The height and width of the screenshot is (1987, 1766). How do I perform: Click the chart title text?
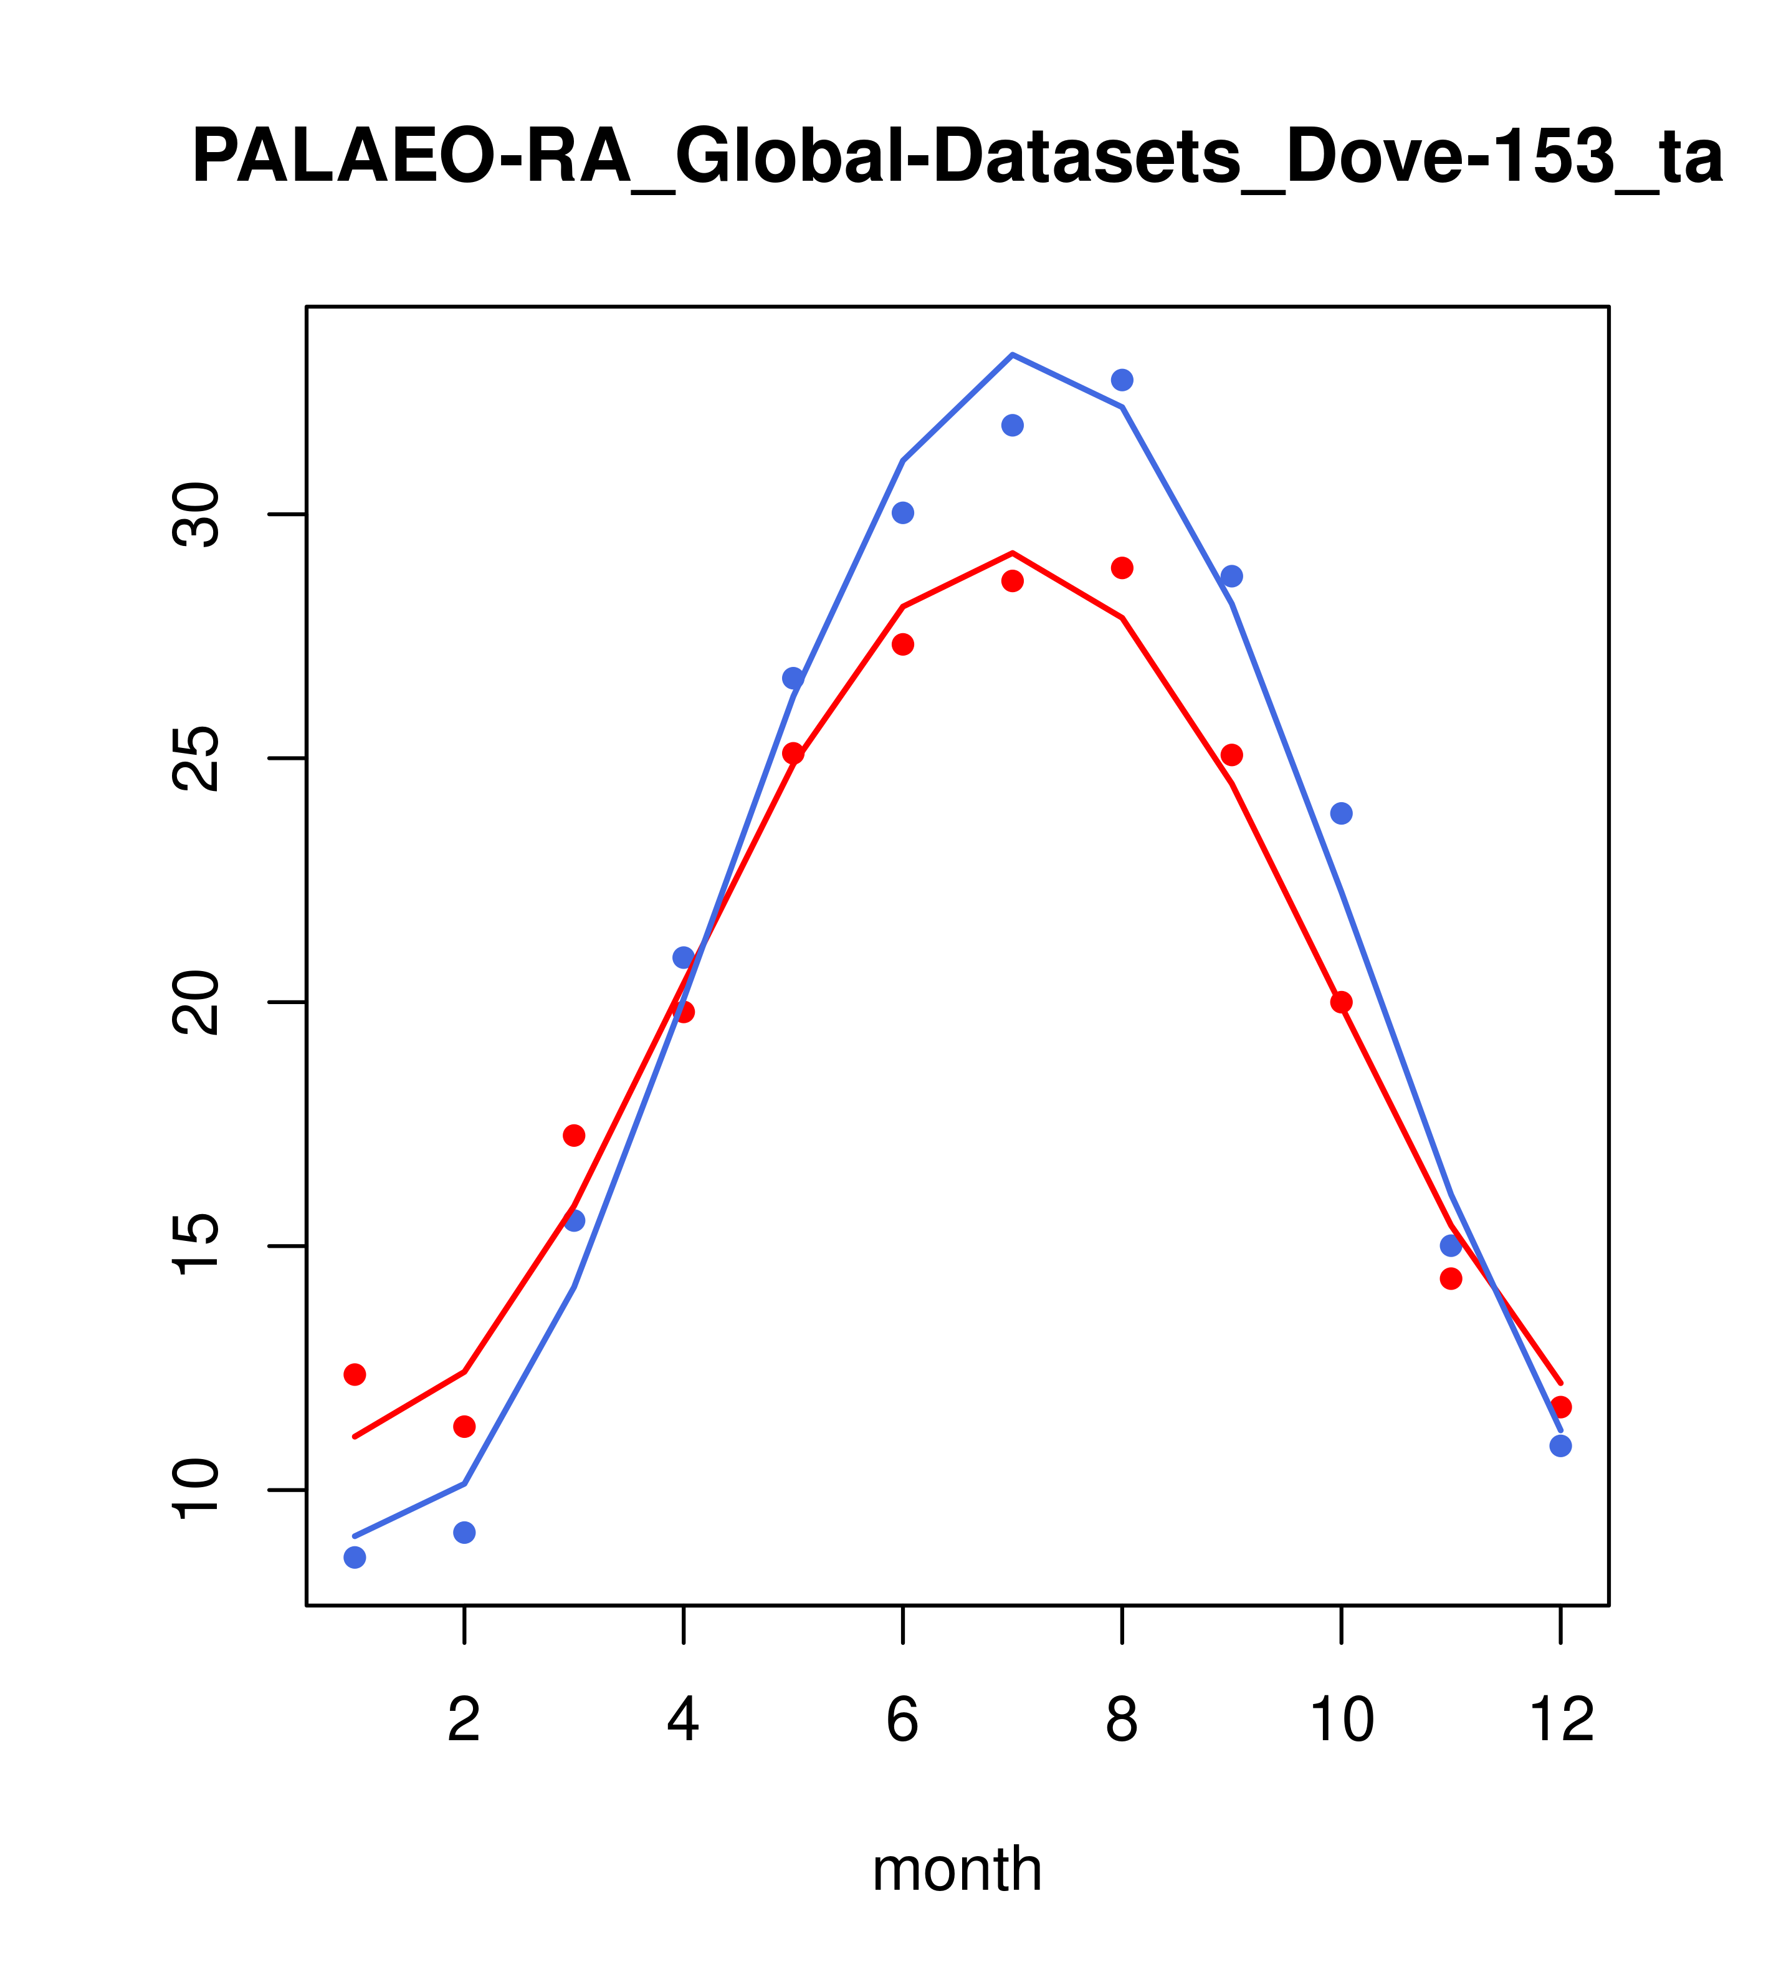click(957, 158)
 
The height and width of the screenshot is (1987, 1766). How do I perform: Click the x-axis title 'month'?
click(957, 1869)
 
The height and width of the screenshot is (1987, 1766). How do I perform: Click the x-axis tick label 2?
click(465, 1721)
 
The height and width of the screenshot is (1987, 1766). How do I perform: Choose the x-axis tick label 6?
click(903, 1721)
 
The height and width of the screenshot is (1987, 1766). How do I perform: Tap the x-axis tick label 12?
click(1562, 1721)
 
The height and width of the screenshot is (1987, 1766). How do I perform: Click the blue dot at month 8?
click(1122, 380)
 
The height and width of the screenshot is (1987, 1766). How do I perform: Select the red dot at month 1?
click(355, 1374)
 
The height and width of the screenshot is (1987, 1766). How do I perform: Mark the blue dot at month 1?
click(355, 1558)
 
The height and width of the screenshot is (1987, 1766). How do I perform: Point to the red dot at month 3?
click(575, 1136)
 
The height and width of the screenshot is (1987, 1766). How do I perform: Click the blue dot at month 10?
click(1341, 813)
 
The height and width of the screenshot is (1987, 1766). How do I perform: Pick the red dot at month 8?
click(1122, 568)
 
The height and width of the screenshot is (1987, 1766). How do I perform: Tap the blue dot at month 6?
click(903, 514)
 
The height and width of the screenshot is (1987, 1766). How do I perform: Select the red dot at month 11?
click(1451, 1278)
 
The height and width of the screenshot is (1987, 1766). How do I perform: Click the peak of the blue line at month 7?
click(1013, 355)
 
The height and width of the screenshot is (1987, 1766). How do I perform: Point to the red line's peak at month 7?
click(1013, 552)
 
